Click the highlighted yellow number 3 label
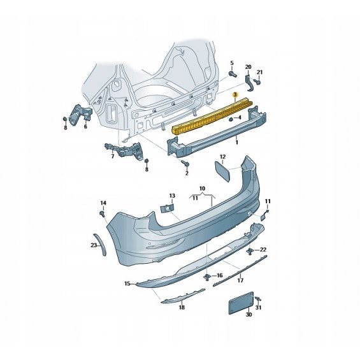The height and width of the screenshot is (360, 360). (235, 94)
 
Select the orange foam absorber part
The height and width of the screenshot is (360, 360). (212, 116)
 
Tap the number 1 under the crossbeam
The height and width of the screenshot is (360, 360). (237, 143)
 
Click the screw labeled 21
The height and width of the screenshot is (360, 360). (257, 82)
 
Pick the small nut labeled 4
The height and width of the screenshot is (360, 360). (231, 119)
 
